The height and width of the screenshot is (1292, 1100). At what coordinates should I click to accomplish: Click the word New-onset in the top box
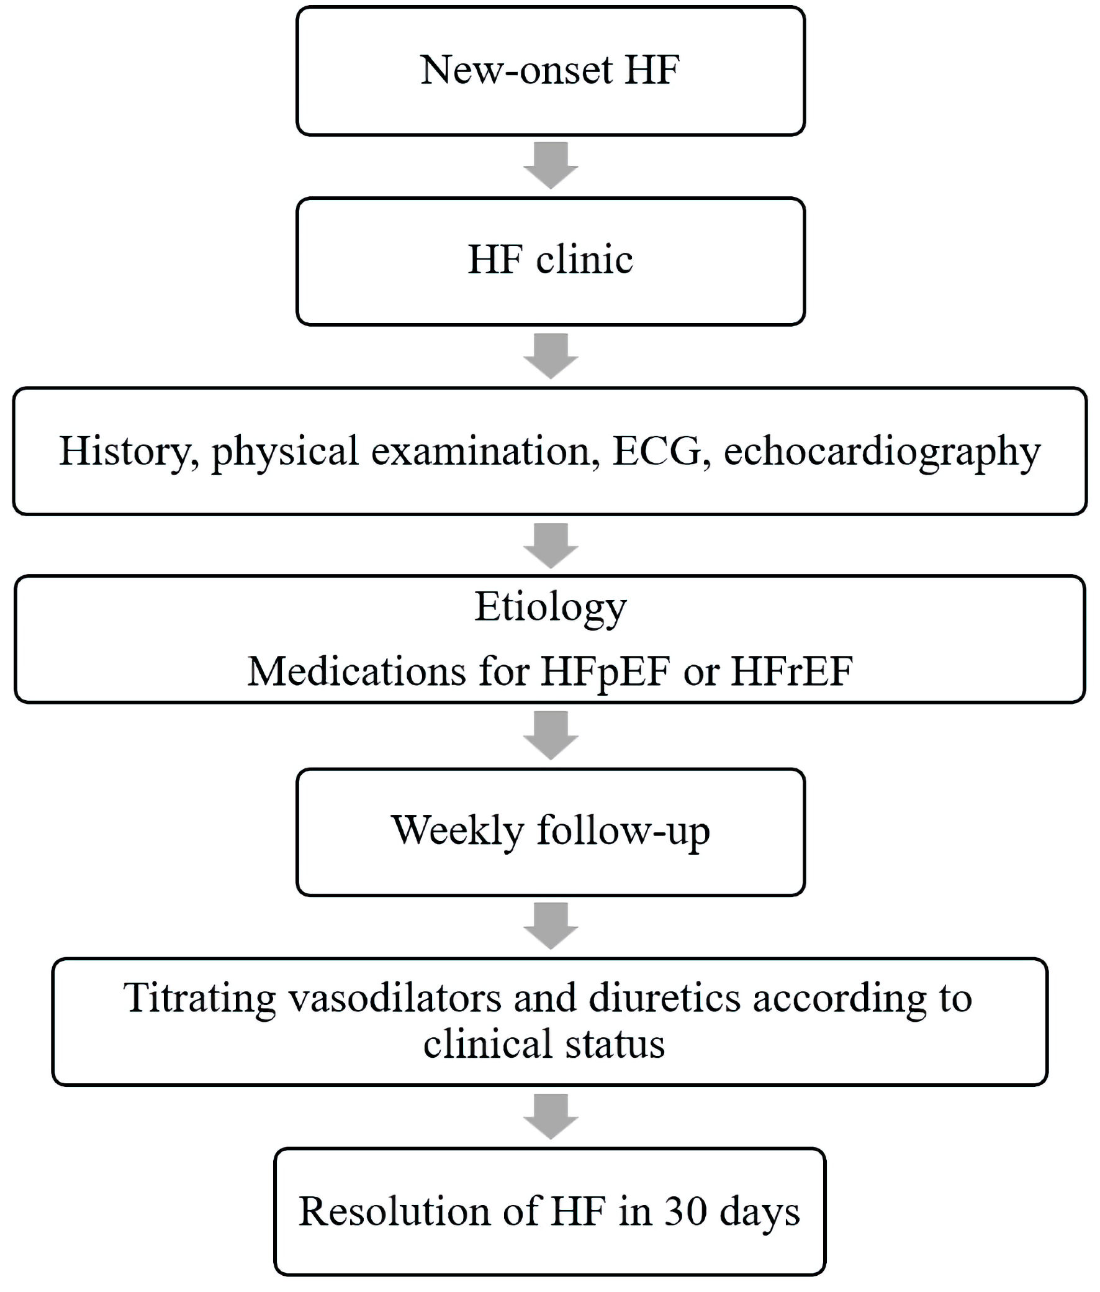(516, 69)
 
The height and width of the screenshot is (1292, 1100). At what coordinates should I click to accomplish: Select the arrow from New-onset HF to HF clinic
(551, 165)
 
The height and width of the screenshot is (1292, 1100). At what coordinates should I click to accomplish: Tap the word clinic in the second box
(585, 260)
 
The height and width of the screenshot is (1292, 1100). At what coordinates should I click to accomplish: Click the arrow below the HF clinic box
(551, 356)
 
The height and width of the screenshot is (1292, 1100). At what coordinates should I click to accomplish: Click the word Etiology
(551, 608)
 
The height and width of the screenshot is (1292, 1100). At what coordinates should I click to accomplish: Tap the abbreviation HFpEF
(605, 673)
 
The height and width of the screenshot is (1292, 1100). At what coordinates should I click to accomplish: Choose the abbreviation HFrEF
(791, 672)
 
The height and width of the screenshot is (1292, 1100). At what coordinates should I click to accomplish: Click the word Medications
(357, 672)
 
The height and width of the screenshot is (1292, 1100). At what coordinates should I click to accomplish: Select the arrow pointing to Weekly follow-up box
(551, 736)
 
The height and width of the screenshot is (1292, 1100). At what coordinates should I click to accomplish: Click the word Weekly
(458, 831)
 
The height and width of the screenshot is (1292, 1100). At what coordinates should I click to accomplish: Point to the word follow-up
(623, 832)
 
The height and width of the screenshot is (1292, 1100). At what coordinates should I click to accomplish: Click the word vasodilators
(395, 998)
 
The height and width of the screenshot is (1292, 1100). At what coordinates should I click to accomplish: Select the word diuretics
(664, 998)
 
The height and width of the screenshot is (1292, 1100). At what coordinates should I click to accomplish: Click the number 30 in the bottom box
(686, 1212)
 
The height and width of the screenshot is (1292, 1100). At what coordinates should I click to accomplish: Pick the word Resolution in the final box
(395, 1212)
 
